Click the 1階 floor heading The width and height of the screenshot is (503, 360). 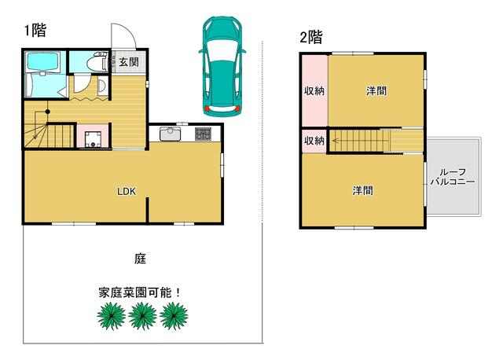pos(35,31)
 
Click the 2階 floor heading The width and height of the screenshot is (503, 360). pos(311,37)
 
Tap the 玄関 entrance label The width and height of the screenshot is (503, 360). pos(129,62)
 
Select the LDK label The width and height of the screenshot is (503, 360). pos(127,192)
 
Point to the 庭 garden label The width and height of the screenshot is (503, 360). pos(140,259)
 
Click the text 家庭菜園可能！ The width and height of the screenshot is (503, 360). pos(140,292)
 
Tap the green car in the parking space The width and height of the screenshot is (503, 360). pos(222,66)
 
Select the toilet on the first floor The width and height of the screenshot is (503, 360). pos(97,62)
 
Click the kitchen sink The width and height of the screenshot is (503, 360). pos(171,134)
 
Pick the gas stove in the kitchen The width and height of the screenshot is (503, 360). pos(204,134)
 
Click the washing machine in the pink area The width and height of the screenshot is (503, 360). pos(93,139)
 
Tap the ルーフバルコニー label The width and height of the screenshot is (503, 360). pos(453,177)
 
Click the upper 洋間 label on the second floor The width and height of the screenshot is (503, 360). pos(376,91)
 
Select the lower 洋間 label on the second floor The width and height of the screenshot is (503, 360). pos(363,190)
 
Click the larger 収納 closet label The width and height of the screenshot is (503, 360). pos(314,91)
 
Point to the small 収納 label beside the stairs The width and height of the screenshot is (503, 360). pos(314,141)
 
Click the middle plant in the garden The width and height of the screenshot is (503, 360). pos(142,316)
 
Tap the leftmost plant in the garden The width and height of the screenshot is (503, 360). pos(111,316)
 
